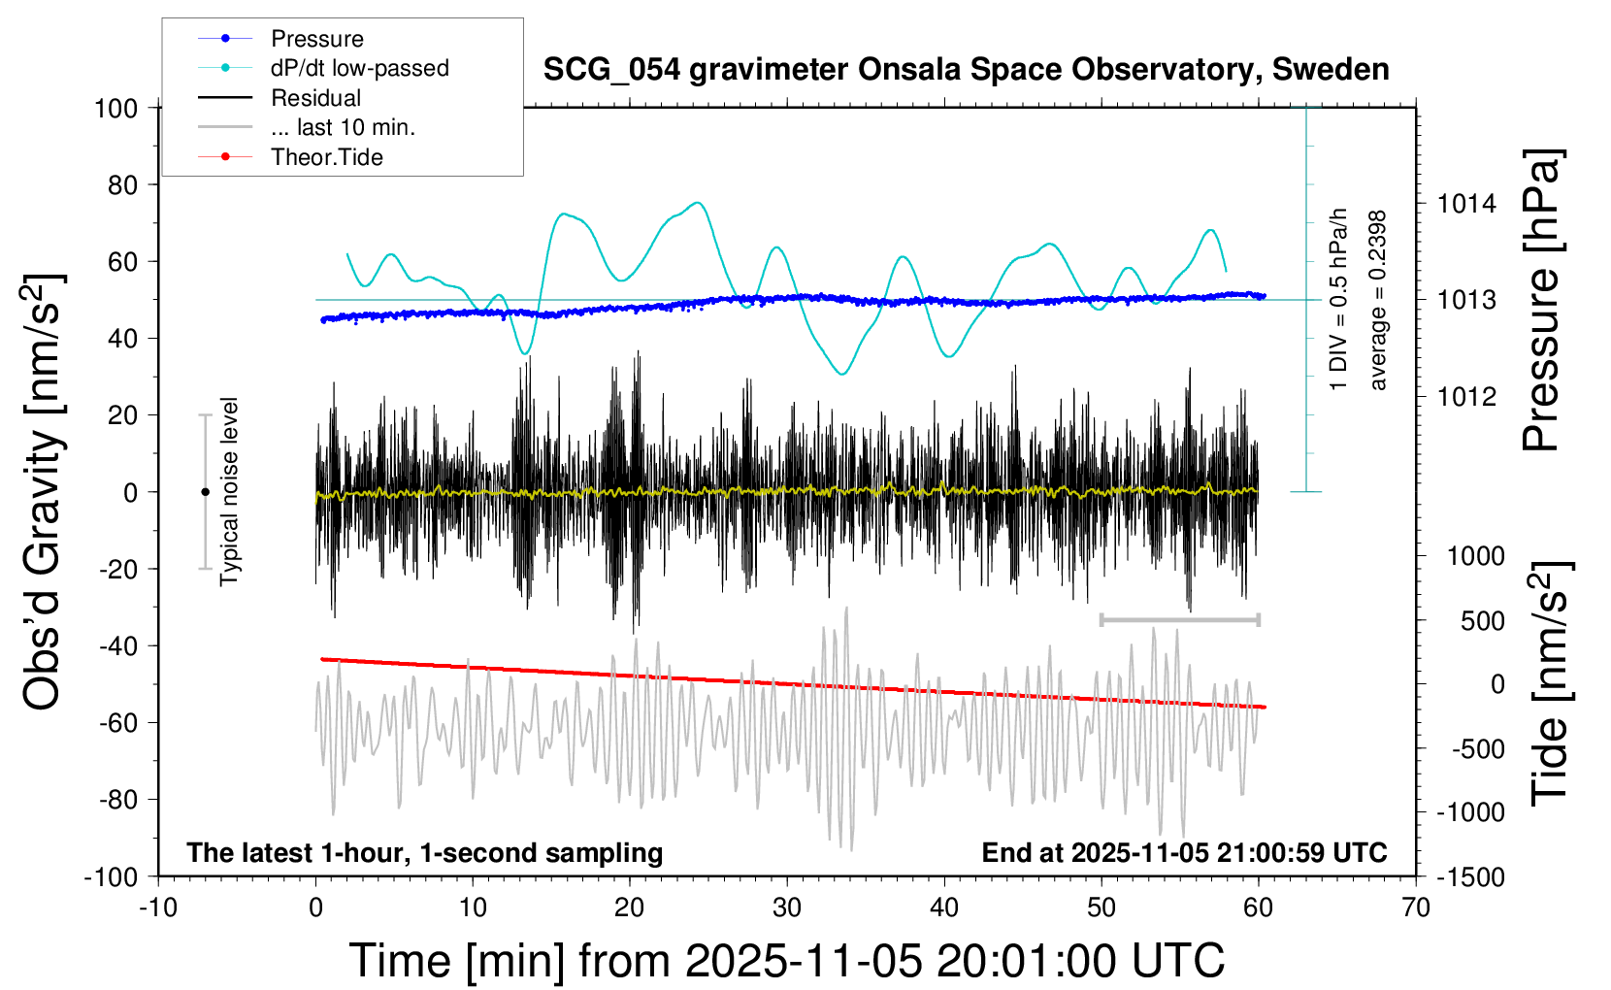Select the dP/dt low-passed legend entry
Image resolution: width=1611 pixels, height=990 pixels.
tap(359, 68)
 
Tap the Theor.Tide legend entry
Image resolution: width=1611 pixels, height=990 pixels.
tap(326, 157)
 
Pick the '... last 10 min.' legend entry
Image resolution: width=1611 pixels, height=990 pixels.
tap(343, 127)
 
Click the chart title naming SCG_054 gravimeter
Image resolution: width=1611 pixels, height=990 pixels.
tap(966, 70)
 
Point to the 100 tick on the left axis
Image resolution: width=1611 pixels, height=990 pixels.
tap(115, 108)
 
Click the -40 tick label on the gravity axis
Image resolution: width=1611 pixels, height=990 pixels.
tap(118, 645)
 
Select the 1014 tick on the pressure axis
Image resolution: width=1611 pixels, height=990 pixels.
tap(1466, 204)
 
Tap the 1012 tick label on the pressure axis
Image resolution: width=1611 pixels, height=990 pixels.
tap(1466, 396)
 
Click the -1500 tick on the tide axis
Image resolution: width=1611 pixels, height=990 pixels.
tap(1470, 877)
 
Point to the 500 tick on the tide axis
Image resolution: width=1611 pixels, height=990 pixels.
tap(1482, 621)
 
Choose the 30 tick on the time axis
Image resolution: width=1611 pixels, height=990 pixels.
tap(787, 908)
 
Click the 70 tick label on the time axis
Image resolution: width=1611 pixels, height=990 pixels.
tap(1416, 908)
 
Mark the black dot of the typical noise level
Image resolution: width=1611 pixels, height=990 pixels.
tap(205, 492)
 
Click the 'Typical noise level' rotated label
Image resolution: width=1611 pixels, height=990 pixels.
tap(229, 492)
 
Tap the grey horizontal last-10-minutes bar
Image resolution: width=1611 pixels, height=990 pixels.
tap(1179, 619)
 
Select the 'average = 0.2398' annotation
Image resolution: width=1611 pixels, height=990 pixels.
tap(1378, 301)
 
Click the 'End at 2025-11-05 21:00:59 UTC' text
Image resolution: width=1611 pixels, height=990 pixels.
tap(1184, 853)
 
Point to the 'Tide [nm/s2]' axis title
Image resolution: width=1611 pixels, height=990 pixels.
tap(1550, 684)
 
